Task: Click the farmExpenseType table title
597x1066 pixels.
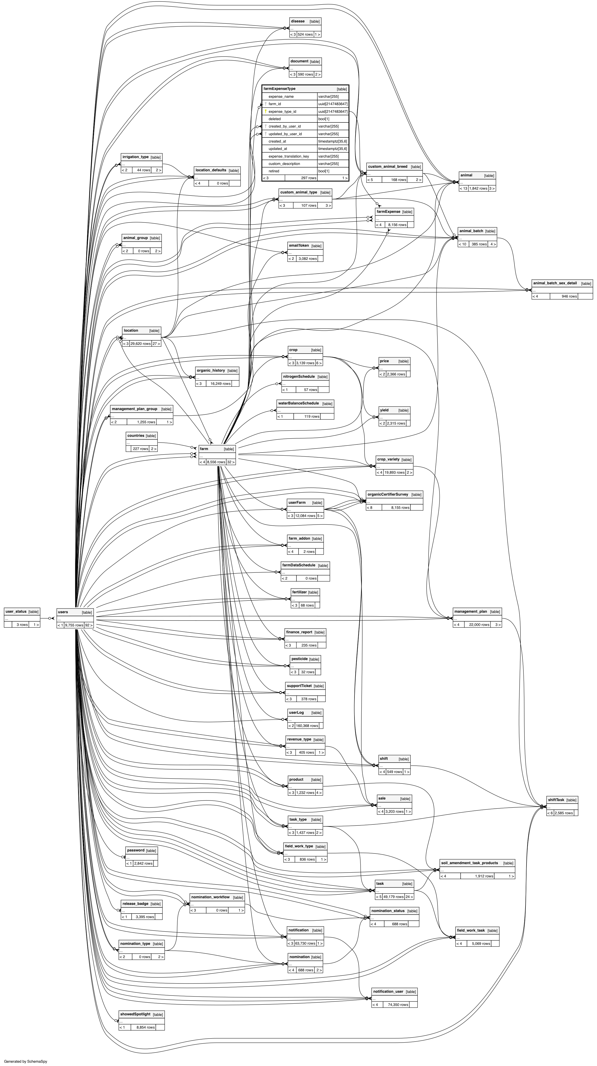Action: coord(280,89)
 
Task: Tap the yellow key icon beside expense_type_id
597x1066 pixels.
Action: coord(266,111)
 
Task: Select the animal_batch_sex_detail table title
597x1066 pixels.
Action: coord(555,283)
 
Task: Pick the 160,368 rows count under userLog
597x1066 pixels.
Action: coord(307,725)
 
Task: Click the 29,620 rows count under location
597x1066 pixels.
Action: coord(140,343)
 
